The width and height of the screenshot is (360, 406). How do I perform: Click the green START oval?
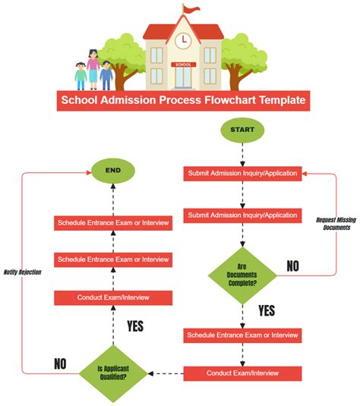242,131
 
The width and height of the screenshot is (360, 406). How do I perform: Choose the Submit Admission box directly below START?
242,174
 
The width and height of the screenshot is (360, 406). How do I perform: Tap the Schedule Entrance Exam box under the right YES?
242,335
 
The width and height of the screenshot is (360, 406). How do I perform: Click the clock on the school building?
182,39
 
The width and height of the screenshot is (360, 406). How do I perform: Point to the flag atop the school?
188,10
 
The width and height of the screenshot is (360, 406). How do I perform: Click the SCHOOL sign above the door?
182,65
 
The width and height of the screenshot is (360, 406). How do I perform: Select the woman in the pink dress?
93,68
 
